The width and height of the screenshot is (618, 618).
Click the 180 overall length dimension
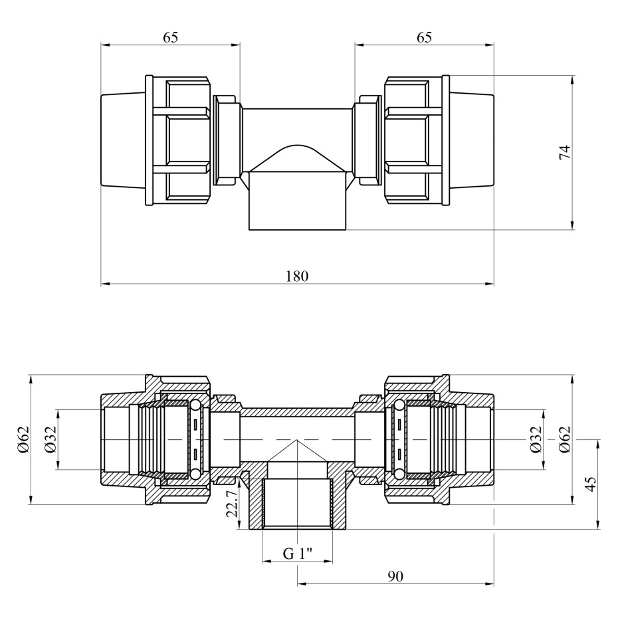296,276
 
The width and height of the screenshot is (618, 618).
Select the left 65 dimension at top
171,37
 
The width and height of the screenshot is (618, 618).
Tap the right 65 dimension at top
425,37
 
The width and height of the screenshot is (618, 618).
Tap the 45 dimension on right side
591,484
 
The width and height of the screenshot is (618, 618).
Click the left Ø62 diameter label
24,440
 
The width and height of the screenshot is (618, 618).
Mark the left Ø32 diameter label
51,440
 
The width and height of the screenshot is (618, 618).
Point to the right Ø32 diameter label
536,440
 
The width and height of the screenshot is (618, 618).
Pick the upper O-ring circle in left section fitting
195,406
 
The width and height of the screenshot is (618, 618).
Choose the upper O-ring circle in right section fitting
399,406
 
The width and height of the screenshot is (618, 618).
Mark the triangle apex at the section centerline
297,441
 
